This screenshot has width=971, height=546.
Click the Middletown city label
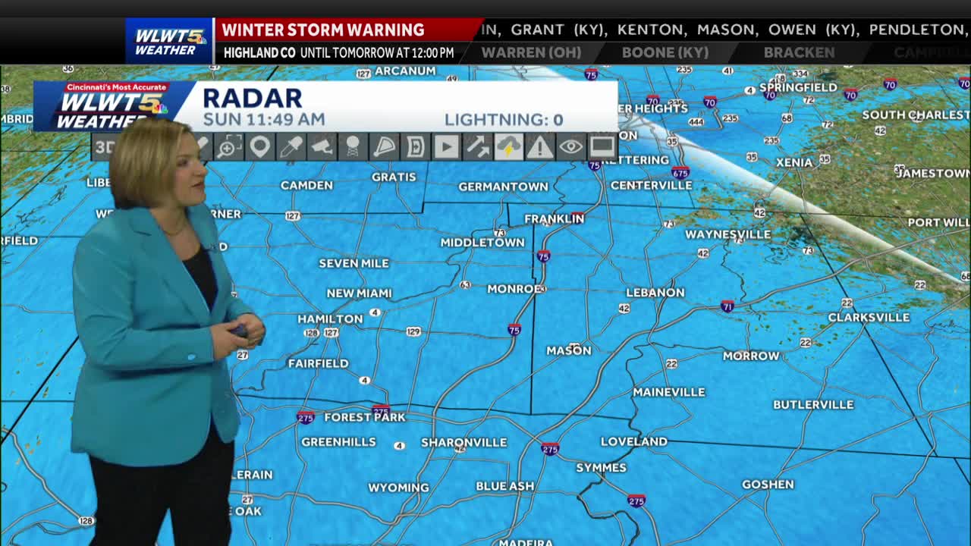482,243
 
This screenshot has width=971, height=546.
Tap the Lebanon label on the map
655,293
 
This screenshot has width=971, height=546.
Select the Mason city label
568,350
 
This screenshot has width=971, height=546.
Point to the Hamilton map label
330,319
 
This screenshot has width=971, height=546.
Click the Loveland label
634,441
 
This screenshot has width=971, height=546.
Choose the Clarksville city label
869,318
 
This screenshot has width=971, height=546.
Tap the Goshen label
768,485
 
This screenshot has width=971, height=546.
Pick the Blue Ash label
505,486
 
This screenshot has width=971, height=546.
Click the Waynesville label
728,235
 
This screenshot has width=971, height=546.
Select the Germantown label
503,187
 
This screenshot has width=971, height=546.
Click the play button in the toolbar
446,146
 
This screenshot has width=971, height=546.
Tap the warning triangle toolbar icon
539,146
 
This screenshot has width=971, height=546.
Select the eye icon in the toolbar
571,146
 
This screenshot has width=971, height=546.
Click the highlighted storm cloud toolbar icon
508,146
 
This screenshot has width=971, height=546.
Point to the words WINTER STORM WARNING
323,30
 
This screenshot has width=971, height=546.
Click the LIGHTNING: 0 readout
504,120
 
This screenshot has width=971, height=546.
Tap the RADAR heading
252,98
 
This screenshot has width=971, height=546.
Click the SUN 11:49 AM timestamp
264,120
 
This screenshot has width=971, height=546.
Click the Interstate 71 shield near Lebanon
727,306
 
